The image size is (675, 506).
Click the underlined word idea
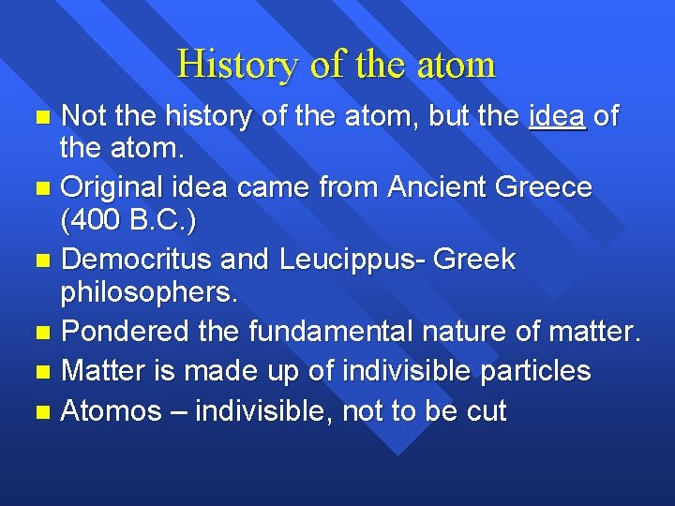(x=557, y=117)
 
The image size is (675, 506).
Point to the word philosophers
(x=149, y=293)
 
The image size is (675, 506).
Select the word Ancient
(x=431, y=187)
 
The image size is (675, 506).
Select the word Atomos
(x=111, y=410)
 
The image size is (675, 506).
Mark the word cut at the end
(x=486, y=410)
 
